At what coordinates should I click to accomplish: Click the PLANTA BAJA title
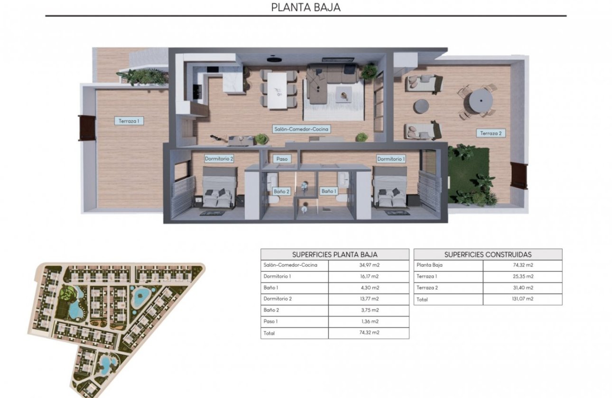click(x=306, y=7)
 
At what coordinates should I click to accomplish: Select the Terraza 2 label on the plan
click(x=491, y=133)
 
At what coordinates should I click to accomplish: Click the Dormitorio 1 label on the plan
click(x=391, y=159)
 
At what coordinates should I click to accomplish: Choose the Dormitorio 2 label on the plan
click(x=219, y=159)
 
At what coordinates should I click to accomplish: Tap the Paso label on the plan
click(x=281, y=159)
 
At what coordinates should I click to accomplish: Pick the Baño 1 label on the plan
click(x=329, y=191)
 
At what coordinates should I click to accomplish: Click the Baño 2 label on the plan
click(x=281, y=191)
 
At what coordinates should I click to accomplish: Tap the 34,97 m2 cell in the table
click(x=369, y=265)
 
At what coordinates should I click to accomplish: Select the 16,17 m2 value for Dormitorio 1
click(x=369, y=276)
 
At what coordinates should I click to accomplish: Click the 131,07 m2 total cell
click(x=522, y=299)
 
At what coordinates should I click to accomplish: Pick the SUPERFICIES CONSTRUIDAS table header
click(x=488, y=254)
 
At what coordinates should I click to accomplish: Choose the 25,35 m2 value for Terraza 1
click(x=522, y=276)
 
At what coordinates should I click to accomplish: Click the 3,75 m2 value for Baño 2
click(x=369, y=310)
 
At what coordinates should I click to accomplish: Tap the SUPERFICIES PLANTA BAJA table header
click(x=334, y=254)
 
